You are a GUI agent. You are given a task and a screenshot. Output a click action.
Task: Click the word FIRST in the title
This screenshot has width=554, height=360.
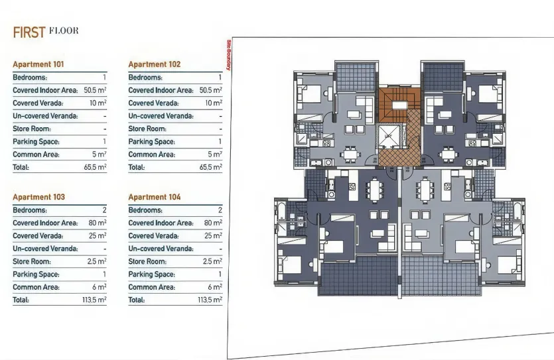coord(29,32)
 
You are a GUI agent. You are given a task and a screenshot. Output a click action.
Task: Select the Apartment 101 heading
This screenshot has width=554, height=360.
coord(38,64)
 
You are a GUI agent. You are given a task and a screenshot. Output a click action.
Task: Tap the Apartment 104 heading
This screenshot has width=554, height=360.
coord(155,197)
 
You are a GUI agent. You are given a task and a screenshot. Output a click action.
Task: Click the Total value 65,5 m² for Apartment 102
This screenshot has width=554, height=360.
coord(210,167)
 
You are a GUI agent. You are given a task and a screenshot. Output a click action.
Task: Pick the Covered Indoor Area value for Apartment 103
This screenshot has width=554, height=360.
coord(97,223)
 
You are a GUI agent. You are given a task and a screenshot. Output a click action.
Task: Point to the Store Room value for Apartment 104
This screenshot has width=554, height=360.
coord(212,261)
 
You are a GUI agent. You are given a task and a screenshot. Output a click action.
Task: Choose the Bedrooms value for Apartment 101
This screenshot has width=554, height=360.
coord(104,78)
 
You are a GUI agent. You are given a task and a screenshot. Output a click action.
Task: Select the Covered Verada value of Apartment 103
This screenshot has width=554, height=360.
coord(98,235)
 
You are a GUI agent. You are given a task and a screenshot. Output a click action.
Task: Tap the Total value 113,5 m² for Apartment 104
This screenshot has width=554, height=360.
coord(210,300)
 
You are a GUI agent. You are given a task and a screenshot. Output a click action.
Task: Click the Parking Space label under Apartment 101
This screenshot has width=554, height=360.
coord(36,141)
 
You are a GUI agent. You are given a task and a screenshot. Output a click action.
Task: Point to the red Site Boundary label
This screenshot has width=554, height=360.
coord(228,55)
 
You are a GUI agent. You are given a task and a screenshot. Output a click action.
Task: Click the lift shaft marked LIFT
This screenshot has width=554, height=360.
coord(389,136)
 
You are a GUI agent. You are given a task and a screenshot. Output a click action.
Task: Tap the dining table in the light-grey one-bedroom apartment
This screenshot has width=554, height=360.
coord(350,154)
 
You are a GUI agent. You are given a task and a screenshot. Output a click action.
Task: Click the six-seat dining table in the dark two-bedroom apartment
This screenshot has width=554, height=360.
coord(374,190)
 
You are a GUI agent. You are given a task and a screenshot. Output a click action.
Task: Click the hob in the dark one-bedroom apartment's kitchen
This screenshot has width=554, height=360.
coord(472,143)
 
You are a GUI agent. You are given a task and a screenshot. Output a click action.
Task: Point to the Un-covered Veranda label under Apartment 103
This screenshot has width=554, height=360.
coord(45,249)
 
